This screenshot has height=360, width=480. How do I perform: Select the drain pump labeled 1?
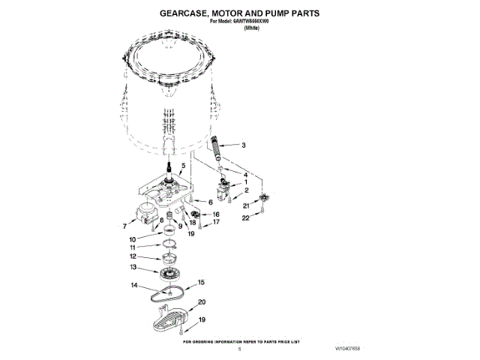tap(224, 184)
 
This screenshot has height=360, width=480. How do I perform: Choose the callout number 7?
tap(124, 224)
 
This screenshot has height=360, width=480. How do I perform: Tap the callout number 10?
tap(152, 239)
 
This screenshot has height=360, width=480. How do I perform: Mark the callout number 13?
tap(154, 266)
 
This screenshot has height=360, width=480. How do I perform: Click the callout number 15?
tap(200, 282)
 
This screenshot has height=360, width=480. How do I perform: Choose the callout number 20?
tap(201, 302)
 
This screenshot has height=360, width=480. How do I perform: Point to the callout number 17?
tap(215, 223)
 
